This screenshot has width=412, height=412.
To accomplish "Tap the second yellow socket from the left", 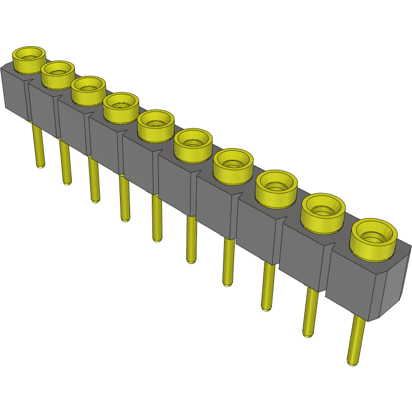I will [57, 74].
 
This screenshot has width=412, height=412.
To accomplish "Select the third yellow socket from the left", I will [88, 90].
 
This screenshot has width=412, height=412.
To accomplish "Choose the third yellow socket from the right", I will [276, 186].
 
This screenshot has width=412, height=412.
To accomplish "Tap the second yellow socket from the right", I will [323, 211].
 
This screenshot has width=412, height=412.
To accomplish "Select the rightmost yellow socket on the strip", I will [374, 238].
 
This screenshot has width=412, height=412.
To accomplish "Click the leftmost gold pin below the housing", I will [39, 146].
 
